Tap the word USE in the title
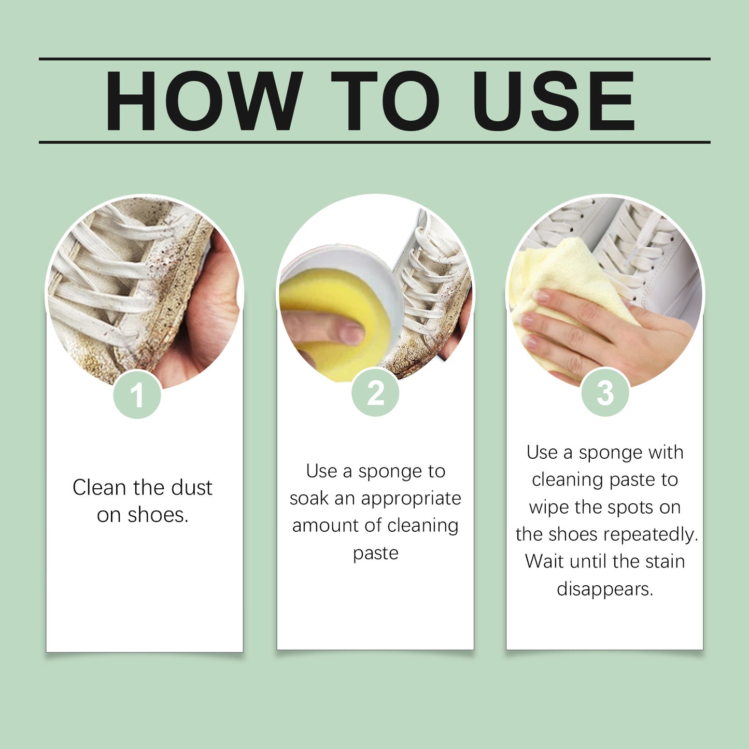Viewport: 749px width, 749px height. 553,101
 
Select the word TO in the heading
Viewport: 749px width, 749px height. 385,101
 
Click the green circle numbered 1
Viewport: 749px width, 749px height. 137,395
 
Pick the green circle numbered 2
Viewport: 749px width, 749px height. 375,393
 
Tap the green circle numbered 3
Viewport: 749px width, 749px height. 605,393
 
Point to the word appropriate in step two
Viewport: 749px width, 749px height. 411,499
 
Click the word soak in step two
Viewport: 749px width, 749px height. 309,499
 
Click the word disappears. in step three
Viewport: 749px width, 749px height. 605,589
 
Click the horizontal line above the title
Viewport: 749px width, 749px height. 374,59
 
